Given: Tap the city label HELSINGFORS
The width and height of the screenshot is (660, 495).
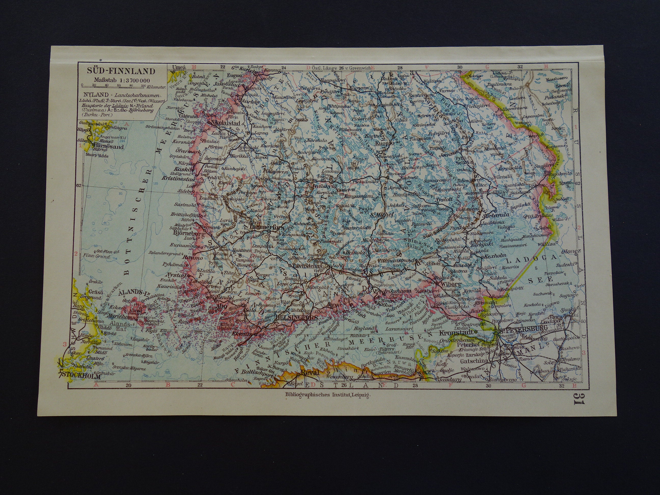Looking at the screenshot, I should coord(293,318).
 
